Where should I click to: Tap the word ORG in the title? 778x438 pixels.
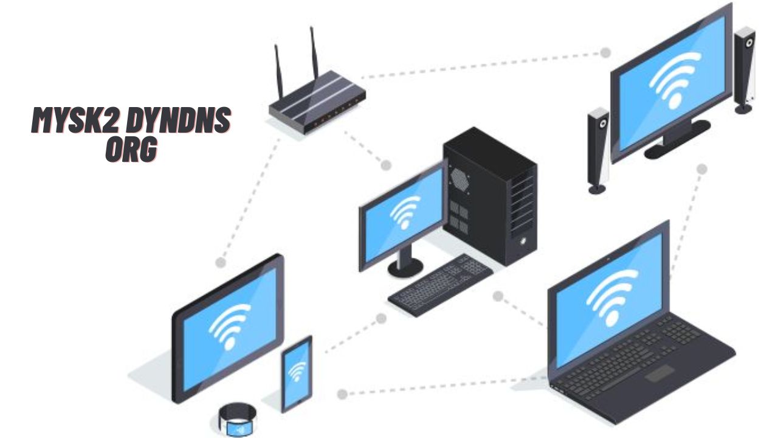point(130,150)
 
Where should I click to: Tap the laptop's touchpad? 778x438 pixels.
point(663,372)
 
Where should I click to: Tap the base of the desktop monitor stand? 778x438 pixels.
point(405,265)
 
